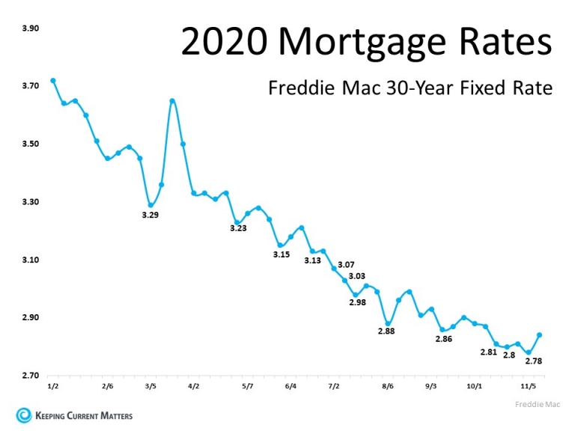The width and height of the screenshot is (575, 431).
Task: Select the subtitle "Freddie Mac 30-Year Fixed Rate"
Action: tap(410, 88)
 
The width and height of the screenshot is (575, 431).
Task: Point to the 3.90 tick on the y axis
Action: tap(31, 28)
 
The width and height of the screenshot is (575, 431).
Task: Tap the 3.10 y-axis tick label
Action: tap(31, 260)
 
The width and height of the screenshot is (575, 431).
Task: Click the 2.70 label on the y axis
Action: tap(31, 376)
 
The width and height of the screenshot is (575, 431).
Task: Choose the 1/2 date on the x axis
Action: tap(53, 386)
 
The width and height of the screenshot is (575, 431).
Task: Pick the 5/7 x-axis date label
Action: tap(248, 386)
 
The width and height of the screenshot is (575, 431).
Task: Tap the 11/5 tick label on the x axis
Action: tap(529, 386)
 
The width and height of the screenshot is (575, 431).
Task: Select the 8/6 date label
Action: tap(388, 386)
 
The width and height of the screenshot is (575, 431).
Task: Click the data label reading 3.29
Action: tap(150, 215)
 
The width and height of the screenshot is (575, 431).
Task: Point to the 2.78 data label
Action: tap(534, 361)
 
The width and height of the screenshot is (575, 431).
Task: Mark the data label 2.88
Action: tap(386, 331)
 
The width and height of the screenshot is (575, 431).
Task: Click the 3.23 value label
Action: tap(238, 228)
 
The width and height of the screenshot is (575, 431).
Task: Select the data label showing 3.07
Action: tap(346, 265)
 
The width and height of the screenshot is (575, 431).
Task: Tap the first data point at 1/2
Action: tap(53, 81)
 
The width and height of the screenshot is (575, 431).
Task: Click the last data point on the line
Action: tap(539, 335)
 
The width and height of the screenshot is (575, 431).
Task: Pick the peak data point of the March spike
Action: tap(172, 101)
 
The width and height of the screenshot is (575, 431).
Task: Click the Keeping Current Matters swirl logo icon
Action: tap(24, 415)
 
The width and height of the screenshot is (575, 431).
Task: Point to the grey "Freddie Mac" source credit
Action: tap(538, 404)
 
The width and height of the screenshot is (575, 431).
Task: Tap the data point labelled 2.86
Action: tap(442, 330)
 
